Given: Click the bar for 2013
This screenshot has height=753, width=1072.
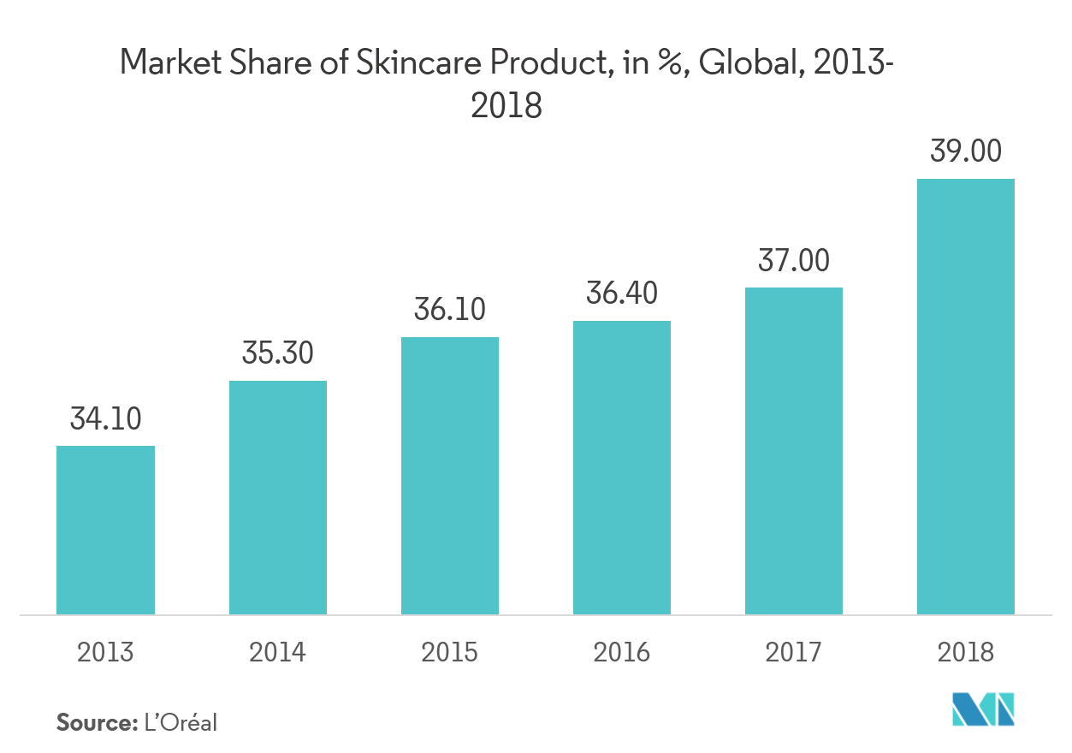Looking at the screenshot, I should [105, 530].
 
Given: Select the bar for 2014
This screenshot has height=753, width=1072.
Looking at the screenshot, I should [277, 497].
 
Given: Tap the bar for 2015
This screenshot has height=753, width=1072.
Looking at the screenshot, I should [449, 476].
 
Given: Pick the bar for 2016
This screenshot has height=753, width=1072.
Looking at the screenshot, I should [621, 467].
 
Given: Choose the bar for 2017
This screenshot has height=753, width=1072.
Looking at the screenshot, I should [793, 451].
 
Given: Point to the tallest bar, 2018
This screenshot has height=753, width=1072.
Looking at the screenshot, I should [965, 396].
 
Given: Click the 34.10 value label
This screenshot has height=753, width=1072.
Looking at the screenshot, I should [106, 419].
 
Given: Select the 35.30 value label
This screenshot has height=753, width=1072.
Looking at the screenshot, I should [278, 353].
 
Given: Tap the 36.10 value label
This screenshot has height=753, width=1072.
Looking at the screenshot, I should [449, 310].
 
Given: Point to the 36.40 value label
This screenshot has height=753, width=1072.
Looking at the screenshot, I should [621, 293].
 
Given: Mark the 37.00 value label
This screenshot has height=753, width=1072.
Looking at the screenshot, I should [793, 260].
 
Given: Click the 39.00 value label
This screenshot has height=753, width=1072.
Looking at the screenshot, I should [965, 152].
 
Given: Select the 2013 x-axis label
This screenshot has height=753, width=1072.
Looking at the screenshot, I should [105, 653].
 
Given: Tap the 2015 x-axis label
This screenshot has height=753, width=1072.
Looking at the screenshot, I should [449, 653].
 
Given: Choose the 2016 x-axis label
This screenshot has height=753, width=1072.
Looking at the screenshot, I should [621, 653].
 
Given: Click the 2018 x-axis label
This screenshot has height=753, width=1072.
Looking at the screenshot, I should [965, 653].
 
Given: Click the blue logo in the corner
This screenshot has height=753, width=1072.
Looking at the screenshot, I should [984, 710].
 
